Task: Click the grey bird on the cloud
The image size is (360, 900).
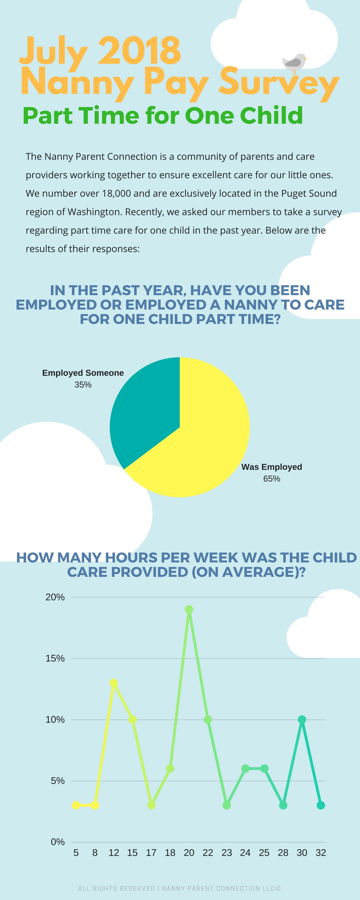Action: coord(294,62)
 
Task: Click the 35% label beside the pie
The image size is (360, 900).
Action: coord(83,385)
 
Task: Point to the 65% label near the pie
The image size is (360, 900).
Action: coord(272,479)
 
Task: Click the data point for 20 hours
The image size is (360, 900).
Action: coord(189,609)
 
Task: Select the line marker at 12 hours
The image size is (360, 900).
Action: coord(114,683)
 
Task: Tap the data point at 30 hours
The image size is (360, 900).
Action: coord(302,720)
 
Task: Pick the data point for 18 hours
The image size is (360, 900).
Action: coord(170,769)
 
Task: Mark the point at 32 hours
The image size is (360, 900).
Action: coord(321,805)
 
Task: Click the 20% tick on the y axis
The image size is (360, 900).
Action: coord(55,597)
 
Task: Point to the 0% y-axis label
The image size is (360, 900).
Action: coord(58,842)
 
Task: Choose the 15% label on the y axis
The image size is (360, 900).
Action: coord(55,658)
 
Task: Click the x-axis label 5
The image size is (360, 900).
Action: coord(76,853)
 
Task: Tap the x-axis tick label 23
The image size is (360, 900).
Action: coord(227,853)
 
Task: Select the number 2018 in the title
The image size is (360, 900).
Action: coord(139,50)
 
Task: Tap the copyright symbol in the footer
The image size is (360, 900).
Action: coord(278,889)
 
